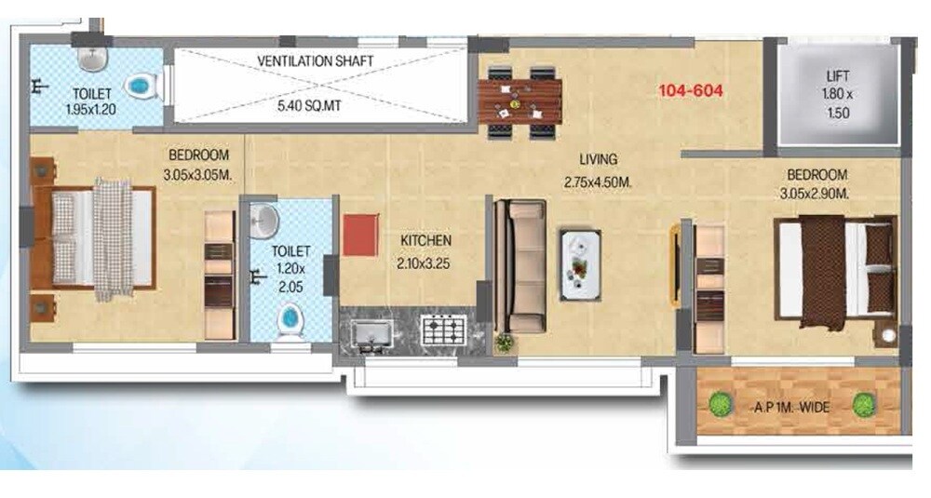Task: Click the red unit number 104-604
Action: (x=690, y=90)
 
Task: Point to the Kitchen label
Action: (x=426, y=240)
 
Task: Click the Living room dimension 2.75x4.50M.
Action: (x=598, y=183)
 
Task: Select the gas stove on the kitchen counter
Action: (x=443, y=330)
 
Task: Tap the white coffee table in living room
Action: (x=580, y=265)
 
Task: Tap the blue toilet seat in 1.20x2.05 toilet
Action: (x=290, y=320)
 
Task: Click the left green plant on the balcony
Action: (x=719, y=404)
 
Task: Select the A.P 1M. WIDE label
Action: (x=790, y=407)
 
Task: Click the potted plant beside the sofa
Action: (x=504, y=343)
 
